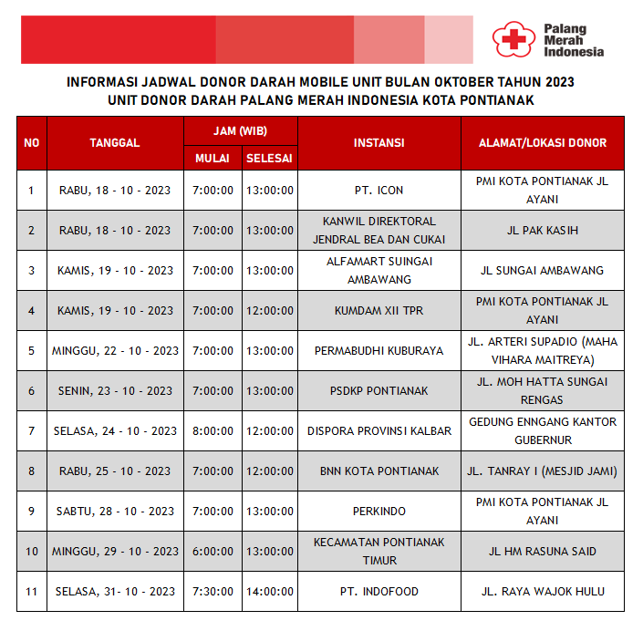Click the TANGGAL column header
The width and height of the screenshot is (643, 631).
pos(115,143)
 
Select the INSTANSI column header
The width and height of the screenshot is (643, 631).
pos(379,143)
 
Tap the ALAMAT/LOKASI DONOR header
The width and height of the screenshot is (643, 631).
pos(543,143)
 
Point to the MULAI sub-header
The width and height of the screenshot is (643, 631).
pos(213,159)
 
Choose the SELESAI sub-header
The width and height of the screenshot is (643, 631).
pos(269,159)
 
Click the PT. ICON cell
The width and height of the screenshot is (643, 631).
pos(379,191)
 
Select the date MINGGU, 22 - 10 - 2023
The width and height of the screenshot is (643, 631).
pos(115,351)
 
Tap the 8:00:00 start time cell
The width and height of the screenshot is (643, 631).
pos(213,431)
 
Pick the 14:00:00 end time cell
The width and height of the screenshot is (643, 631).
pos(269,592)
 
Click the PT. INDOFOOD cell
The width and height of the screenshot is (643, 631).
pos(379,592)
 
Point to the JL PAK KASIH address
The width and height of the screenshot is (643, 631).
pos(543,231)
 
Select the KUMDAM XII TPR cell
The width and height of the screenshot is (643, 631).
pos(379,311)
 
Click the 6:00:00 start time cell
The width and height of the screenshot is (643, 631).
pos(213,552)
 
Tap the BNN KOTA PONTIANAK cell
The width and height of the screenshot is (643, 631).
pos(379,471)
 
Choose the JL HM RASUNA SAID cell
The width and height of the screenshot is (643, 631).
pos(543,552)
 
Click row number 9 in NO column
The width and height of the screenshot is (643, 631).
pos(32,512)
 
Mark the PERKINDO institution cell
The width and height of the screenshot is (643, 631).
pos(379,512)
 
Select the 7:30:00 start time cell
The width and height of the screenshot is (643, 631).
pos(213,592)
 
